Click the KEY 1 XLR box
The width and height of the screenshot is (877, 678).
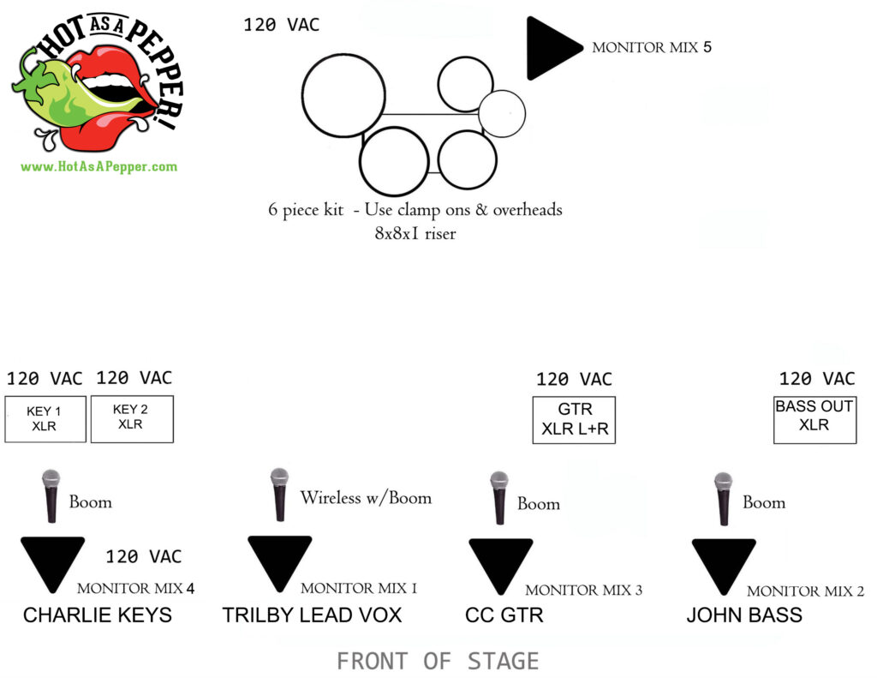(45, 418)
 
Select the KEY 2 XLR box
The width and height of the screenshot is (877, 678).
(132, 417)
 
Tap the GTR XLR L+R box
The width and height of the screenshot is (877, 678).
(574, 420)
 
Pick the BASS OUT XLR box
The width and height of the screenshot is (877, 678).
(814, 419)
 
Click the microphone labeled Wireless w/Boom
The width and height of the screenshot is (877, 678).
(278, 495)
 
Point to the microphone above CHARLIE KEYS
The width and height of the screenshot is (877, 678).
(52, 496)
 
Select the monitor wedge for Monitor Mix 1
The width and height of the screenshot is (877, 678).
(279, 560)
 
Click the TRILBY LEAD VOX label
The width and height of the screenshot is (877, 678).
(312, 615)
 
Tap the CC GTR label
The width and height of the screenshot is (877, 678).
(504, 615)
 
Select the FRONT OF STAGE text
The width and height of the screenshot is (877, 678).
(438, 661)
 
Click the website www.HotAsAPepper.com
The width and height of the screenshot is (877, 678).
(98, 166)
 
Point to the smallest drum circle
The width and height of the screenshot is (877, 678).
(501, 113)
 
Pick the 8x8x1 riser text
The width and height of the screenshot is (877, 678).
(415, 232)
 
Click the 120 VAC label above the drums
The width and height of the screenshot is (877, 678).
(281, 25)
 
